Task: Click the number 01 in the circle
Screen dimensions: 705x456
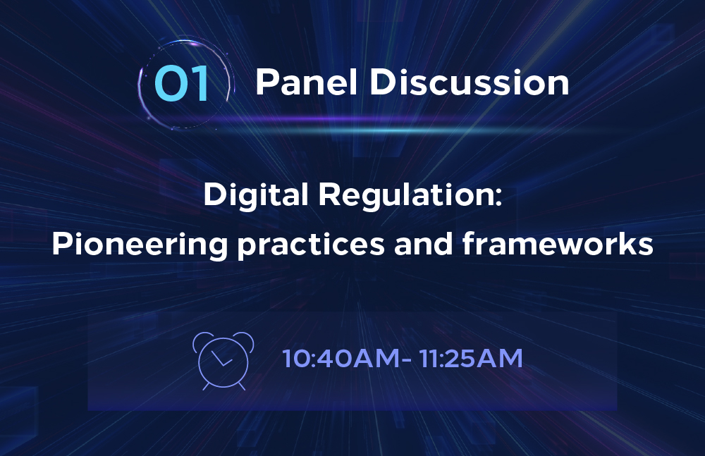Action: (182, 83)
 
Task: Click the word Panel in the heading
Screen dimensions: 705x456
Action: (307, 82)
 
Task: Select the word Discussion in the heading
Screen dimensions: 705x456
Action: (470, 82)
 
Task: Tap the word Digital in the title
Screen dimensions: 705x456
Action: (255, 195)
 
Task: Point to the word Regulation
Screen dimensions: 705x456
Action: (407, 195)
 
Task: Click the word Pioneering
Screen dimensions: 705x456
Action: (140, 245)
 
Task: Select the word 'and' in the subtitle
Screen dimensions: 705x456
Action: (423, 244)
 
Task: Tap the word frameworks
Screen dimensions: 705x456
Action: (558, 243)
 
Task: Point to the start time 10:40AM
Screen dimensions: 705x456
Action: (341, 359)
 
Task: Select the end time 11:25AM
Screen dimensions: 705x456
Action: (471, 359)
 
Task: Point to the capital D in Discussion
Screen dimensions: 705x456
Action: (382, 82)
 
